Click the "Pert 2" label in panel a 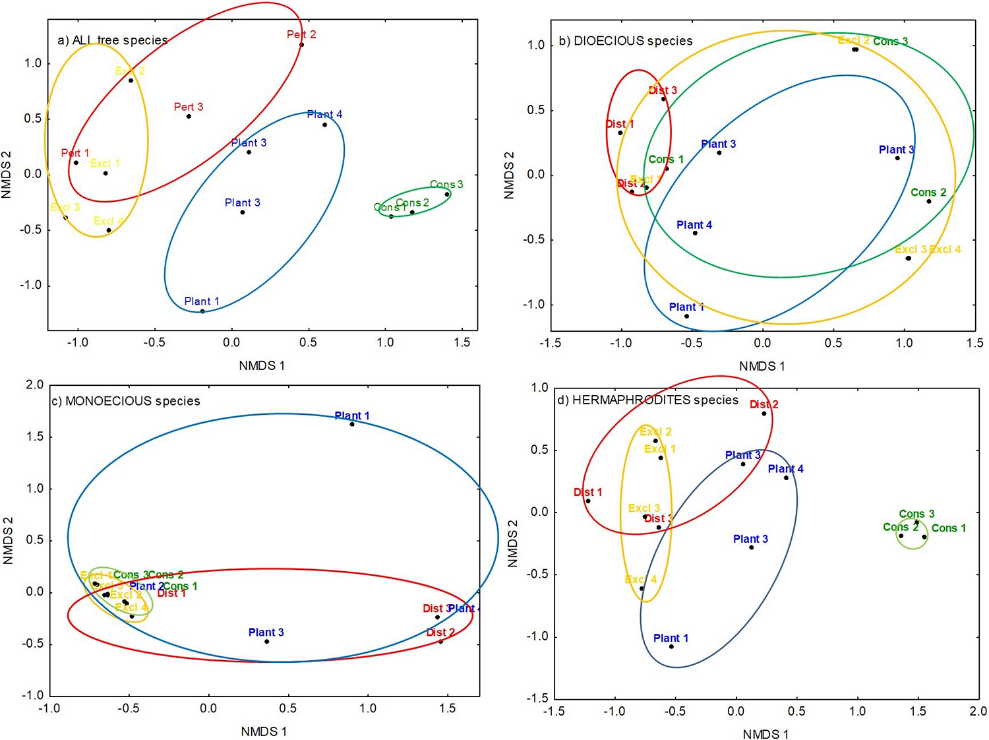[x=301, y=34]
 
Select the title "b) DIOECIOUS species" [x=626, y=41]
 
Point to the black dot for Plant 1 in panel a [x=202, y=311]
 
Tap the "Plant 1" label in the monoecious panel [x=352, y=416]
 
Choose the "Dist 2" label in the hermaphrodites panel [x=764, y=404]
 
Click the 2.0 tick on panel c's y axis [x=34, y=385]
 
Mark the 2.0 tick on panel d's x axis [x=978, y=711]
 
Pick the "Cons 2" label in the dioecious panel [x=928, y=193]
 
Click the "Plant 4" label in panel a [x=324, y=115]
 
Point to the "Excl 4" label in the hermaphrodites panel [x=641, y=580]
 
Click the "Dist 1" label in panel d [x=587, y=492]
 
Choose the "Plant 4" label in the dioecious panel [x=694, y=225]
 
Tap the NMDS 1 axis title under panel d [x=765, y=734]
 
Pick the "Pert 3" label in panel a [x=189, y=107]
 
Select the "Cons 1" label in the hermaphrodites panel [x=949, y=528]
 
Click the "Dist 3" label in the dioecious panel [x=663, y=90]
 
